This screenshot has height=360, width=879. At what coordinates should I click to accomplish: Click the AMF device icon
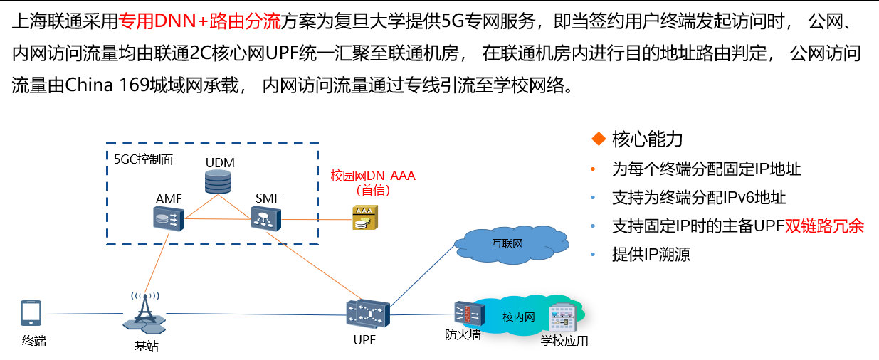coord(169,218)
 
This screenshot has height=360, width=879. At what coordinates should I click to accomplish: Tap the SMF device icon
coord(267,218)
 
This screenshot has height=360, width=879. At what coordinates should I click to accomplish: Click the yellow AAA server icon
coord(365,218)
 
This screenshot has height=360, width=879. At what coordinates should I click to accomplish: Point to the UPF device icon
coord(368,314)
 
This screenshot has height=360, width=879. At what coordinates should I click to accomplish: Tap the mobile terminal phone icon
coord(31,314)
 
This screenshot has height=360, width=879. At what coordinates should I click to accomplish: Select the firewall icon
coord(467,314)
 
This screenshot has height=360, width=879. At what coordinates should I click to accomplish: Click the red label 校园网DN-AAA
coord(372,176)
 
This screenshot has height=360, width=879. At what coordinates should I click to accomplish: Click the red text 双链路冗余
coord(824,226)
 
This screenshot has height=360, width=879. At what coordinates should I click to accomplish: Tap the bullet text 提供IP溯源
coord(651,255)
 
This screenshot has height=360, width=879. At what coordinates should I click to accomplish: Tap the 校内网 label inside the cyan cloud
coord(518,317)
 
